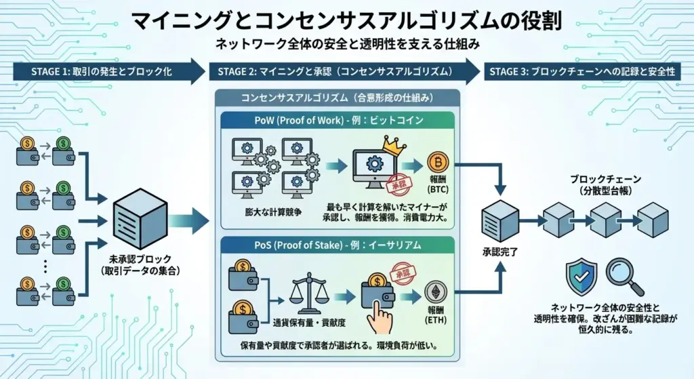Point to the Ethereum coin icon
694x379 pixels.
[x=435, y=292]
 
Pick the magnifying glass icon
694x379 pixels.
[x=619, y=274]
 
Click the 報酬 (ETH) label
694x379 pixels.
[x=435, y=315]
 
